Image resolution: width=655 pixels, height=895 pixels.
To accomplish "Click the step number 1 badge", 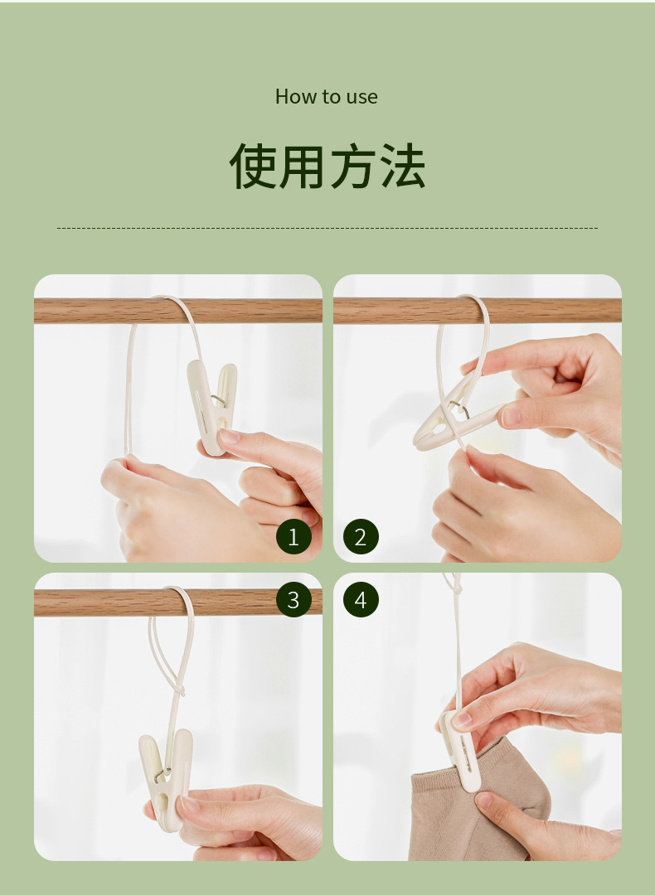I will pyautogui.click(x=293, y=537).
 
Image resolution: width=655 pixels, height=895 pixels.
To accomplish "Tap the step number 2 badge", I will pyautogui.click(x=360, y=537).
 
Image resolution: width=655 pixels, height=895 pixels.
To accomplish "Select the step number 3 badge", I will pyautogui.click(x=293, y=600).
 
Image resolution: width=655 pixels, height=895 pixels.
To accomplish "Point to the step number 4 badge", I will pyautogui.click(x=360, y=600).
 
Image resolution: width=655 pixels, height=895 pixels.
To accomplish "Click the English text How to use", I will pyautogui.click(x=327, y=97).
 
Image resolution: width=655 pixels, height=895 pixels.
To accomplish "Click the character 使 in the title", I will pyautogui.click(x=253, y=167).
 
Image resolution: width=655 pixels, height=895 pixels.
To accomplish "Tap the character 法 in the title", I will pyautogui.click(x=401, y=167).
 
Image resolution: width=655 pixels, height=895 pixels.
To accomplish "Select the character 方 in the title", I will pyautogui.click(x=352, y=167).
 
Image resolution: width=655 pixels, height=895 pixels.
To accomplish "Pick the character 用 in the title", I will pyautogui.click(x=303, y=167).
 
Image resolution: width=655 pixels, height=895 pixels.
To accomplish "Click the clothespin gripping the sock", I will pyautogui.click(x=460, y=750).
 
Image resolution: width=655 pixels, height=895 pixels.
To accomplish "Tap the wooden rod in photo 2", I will pyautogui.click(x=547, y=311).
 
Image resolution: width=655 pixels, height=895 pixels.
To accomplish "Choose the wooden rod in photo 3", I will pyautogui.click(x=91, y=602).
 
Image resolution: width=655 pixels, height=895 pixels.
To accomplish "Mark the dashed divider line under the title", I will pyautogui.click(x=327, y=228).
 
